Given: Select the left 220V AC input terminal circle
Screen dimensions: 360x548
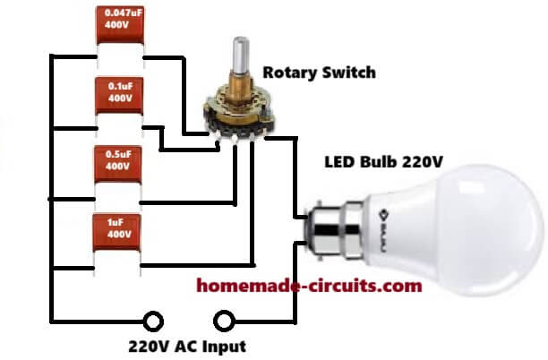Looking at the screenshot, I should (x=155, y=320).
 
